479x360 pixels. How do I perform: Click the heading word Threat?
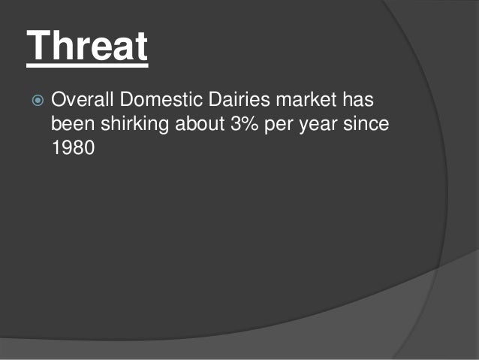click(x=87, y=47)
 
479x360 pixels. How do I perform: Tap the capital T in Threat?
click(x=39, y=47)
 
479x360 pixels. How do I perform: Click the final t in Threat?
click(x=140, y=47)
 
